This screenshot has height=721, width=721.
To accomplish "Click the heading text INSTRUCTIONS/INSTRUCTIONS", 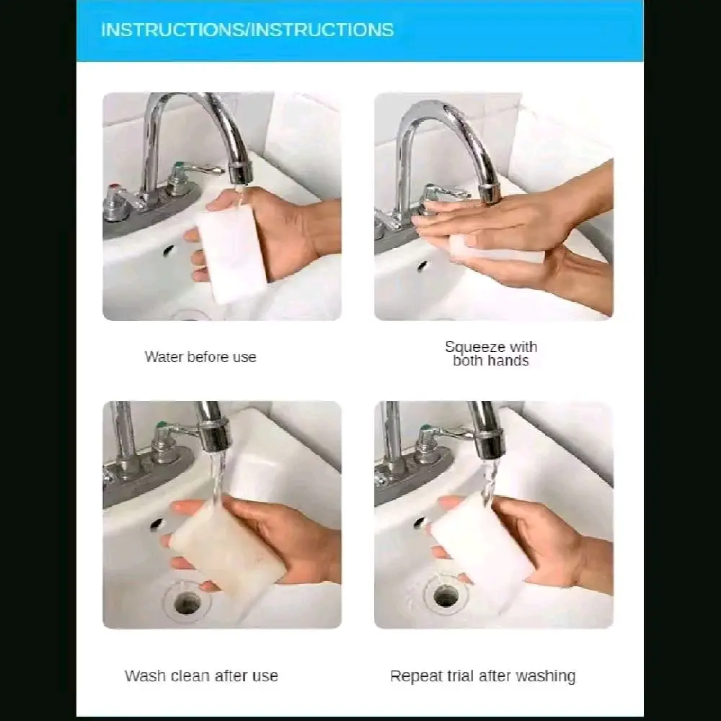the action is pyautogui.click(x=247, y=30).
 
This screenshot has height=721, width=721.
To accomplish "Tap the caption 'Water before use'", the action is pyautogui.click(x=200, y=357).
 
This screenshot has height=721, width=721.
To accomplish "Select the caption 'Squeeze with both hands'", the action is pyautogui.click(x=491, y=353).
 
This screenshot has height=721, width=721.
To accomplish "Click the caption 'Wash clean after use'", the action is pyautogui.click(x=201, y=676).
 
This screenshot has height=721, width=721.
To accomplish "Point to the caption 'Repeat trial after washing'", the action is pyautogui.click(x=483, y=676).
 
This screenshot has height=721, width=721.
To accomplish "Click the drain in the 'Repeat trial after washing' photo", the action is pyautogui.click(x=445, y=596).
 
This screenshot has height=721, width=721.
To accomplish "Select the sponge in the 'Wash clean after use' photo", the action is pyautogui.click(x=227, y=549).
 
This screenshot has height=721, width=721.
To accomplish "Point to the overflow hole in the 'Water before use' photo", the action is pyautogui.click(x=168, y=250).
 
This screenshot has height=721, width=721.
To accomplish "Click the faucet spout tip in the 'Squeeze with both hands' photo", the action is pyautogui.click(x=490, y=193).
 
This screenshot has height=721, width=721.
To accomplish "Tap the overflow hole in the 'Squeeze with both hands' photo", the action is pyautogui.click(x=422, y=265).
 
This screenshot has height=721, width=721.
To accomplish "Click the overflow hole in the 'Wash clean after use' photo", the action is pyautogui.click(x=156, y=523).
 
